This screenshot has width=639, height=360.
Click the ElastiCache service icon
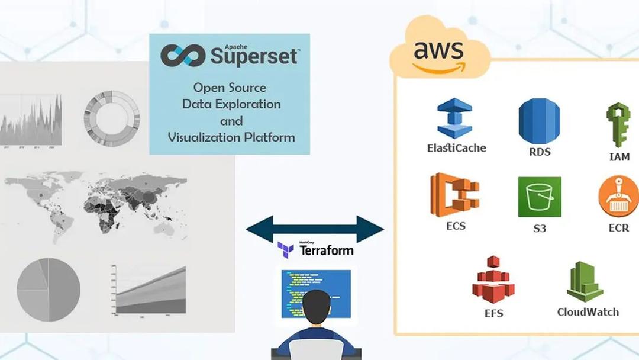point(454,118)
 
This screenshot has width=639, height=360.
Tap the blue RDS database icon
point(539,121)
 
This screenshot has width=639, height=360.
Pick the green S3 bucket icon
point(539,197)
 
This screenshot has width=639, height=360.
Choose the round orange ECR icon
point(619,197)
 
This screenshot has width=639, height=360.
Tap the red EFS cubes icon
point(493,278)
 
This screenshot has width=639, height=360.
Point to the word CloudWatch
point(588,311)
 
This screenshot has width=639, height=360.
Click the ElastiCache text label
point(456,148)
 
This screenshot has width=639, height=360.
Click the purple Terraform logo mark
point(286,250)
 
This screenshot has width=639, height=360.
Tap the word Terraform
point(327,250)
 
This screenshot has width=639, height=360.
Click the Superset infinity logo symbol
point(183,55)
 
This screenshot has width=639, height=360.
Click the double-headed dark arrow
point(315,229)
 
